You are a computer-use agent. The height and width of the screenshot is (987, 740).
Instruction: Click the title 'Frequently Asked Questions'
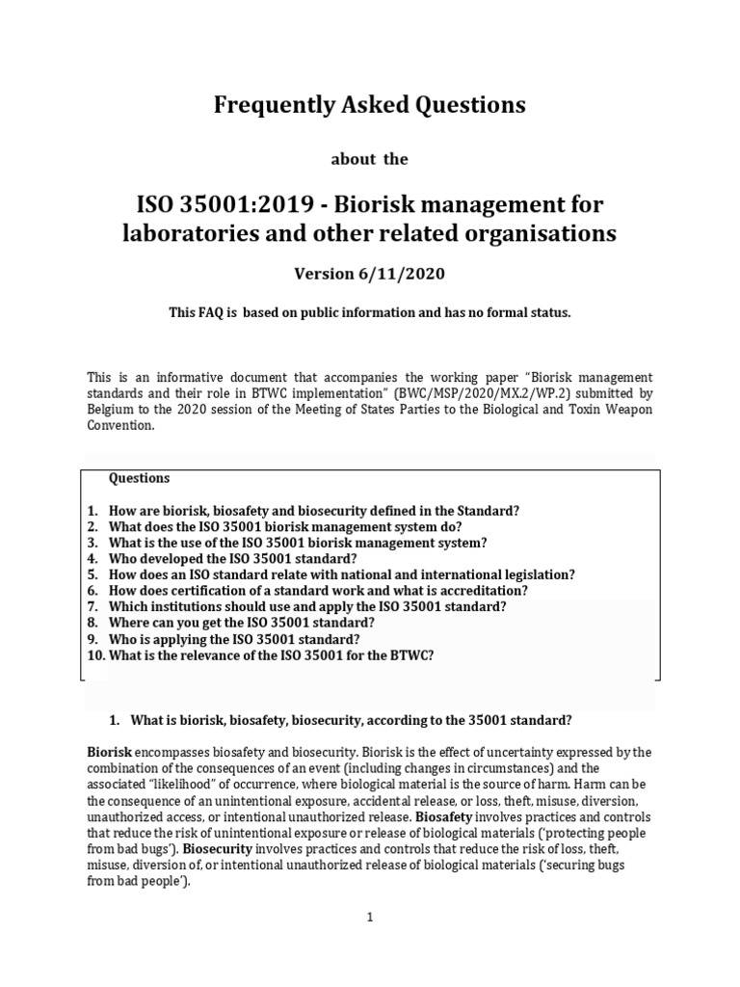pos(370,106)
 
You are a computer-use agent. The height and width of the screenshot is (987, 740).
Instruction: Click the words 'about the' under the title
pos(370,160)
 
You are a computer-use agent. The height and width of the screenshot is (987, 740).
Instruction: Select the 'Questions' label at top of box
pos(139,478)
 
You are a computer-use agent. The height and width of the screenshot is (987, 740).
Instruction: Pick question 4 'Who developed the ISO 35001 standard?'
pos(233,558)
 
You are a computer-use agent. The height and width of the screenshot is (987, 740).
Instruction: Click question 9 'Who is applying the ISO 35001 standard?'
pos(236,638)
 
